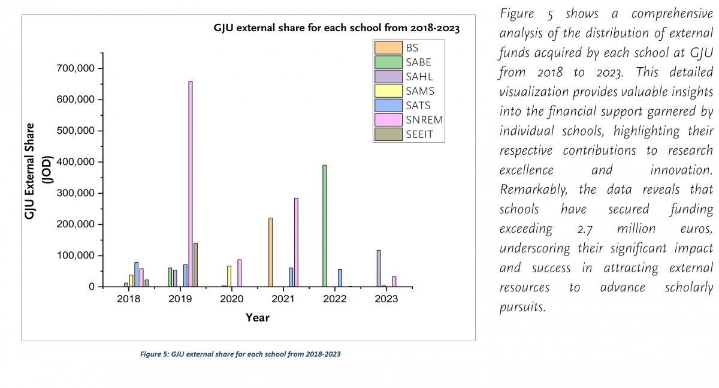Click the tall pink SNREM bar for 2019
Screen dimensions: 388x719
coord(191,184)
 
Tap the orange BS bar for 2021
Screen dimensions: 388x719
coord(270,252)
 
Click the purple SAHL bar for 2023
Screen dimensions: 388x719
coord(379,268)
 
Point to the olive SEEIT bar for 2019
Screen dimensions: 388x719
coord(195,264)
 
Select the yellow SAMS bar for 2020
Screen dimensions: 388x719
coord(229,276)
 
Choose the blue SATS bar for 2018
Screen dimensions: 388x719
coord(136,274)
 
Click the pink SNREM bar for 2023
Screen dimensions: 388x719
coord(394,281)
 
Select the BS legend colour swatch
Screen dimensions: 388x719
coord(388,48)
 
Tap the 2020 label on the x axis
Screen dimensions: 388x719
coord(231,299)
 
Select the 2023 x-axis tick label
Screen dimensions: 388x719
coord(386,299)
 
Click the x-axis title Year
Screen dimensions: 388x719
coord(257,317)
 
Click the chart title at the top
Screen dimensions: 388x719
coord(337,28)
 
